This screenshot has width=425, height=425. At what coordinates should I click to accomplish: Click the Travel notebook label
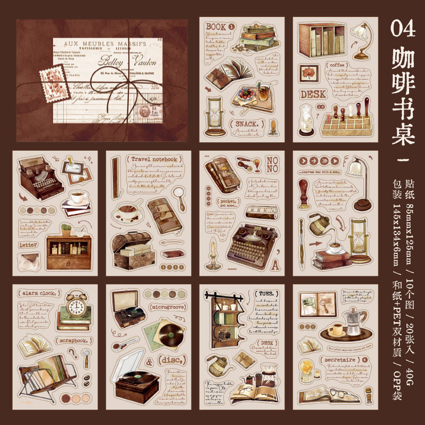153,159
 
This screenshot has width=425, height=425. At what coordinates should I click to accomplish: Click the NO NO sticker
271,164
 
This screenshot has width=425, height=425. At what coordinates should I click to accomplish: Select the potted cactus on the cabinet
66,230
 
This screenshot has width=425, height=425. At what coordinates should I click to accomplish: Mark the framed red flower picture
308,73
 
